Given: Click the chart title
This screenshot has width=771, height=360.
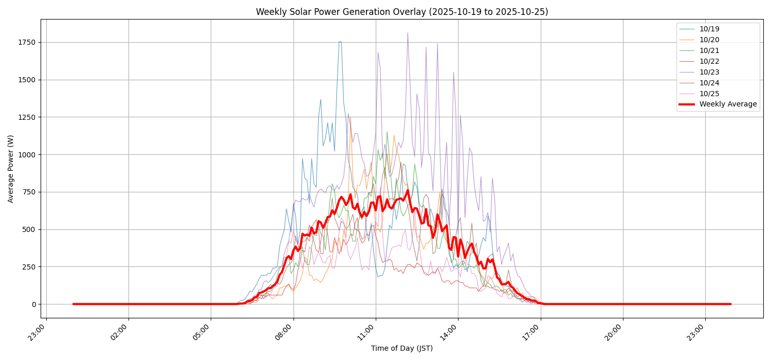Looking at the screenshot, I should click(402, 12).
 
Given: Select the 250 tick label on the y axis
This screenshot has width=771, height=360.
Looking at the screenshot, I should click(29, 267).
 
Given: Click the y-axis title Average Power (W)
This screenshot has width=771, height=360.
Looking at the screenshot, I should click(11, 169).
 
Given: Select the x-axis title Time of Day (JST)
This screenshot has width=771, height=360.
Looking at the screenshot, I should click(402, 349).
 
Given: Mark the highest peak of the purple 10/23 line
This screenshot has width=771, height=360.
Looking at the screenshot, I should click(408, 33).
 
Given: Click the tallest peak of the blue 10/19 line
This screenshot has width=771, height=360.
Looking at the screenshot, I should click(340, 42).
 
